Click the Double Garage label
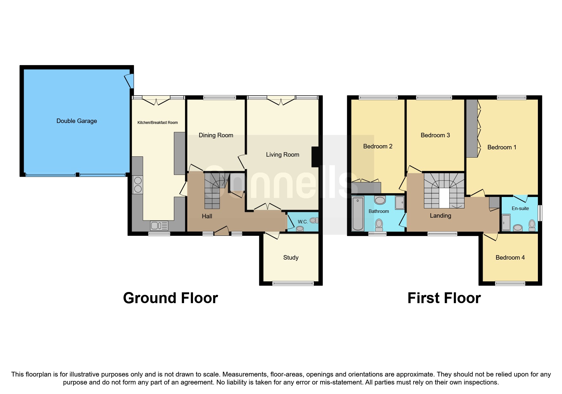[76, 121]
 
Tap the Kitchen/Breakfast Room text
[157, 122]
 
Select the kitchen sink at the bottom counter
[159, 226]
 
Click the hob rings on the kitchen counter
[138, 185]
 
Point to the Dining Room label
[216, 135]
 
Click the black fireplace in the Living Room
[315, 157]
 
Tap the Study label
[291, 257]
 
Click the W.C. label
[302, 221]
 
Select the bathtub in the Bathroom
[358, 213]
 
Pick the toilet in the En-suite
[532, 225]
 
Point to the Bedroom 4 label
[510, 257]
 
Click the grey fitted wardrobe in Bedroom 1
[472, 128]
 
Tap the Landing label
[440, 215]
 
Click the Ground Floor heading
[170, 298]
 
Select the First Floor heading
[444, 298]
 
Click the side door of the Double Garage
[129, 81]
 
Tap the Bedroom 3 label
[435, 135]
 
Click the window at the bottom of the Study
[293, 283]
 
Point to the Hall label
[207, 216]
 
